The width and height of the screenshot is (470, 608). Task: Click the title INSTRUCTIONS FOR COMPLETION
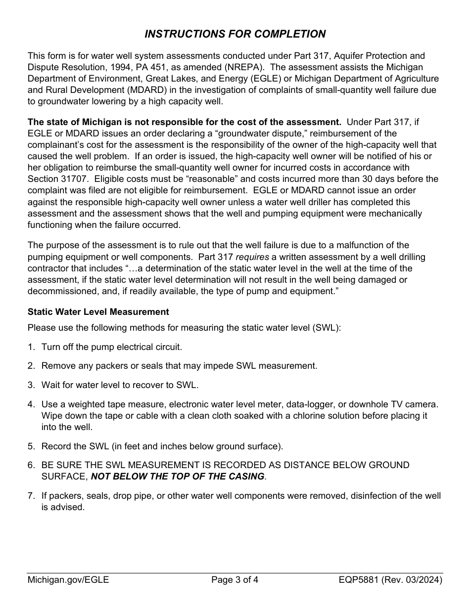point(235,34)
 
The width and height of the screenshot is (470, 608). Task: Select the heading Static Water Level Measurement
point(98,312)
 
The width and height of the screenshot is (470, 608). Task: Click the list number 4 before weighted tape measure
point(31,404)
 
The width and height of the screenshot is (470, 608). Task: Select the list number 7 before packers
point(31,496)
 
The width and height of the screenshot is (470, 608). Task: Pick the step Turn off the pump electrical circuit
point(111,347)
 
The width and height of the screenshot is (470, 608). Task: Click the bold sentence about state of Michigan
point(184,122)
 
